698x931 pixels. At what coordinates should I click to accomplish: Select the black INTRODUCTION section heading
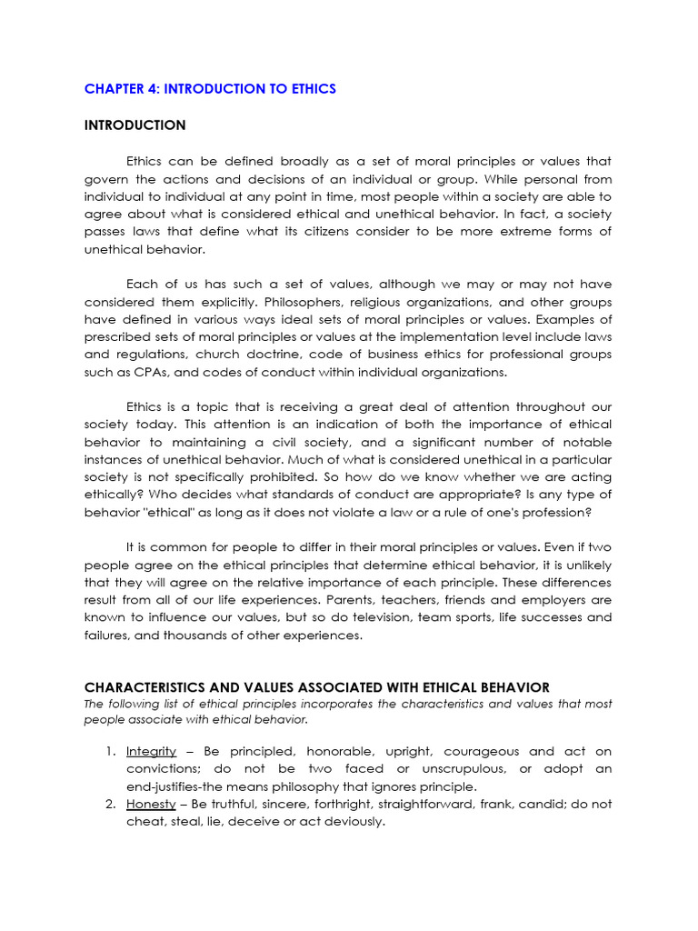(x=135, y=125)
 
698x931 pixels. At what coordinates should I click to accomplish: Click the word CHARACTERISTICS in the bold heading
(x=150, y=687)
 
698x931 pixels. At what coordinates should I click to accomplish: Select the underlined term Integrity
(x=151, y=752)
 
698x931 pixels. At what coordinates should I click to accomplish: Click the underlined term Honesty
(x=150, y=805)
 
